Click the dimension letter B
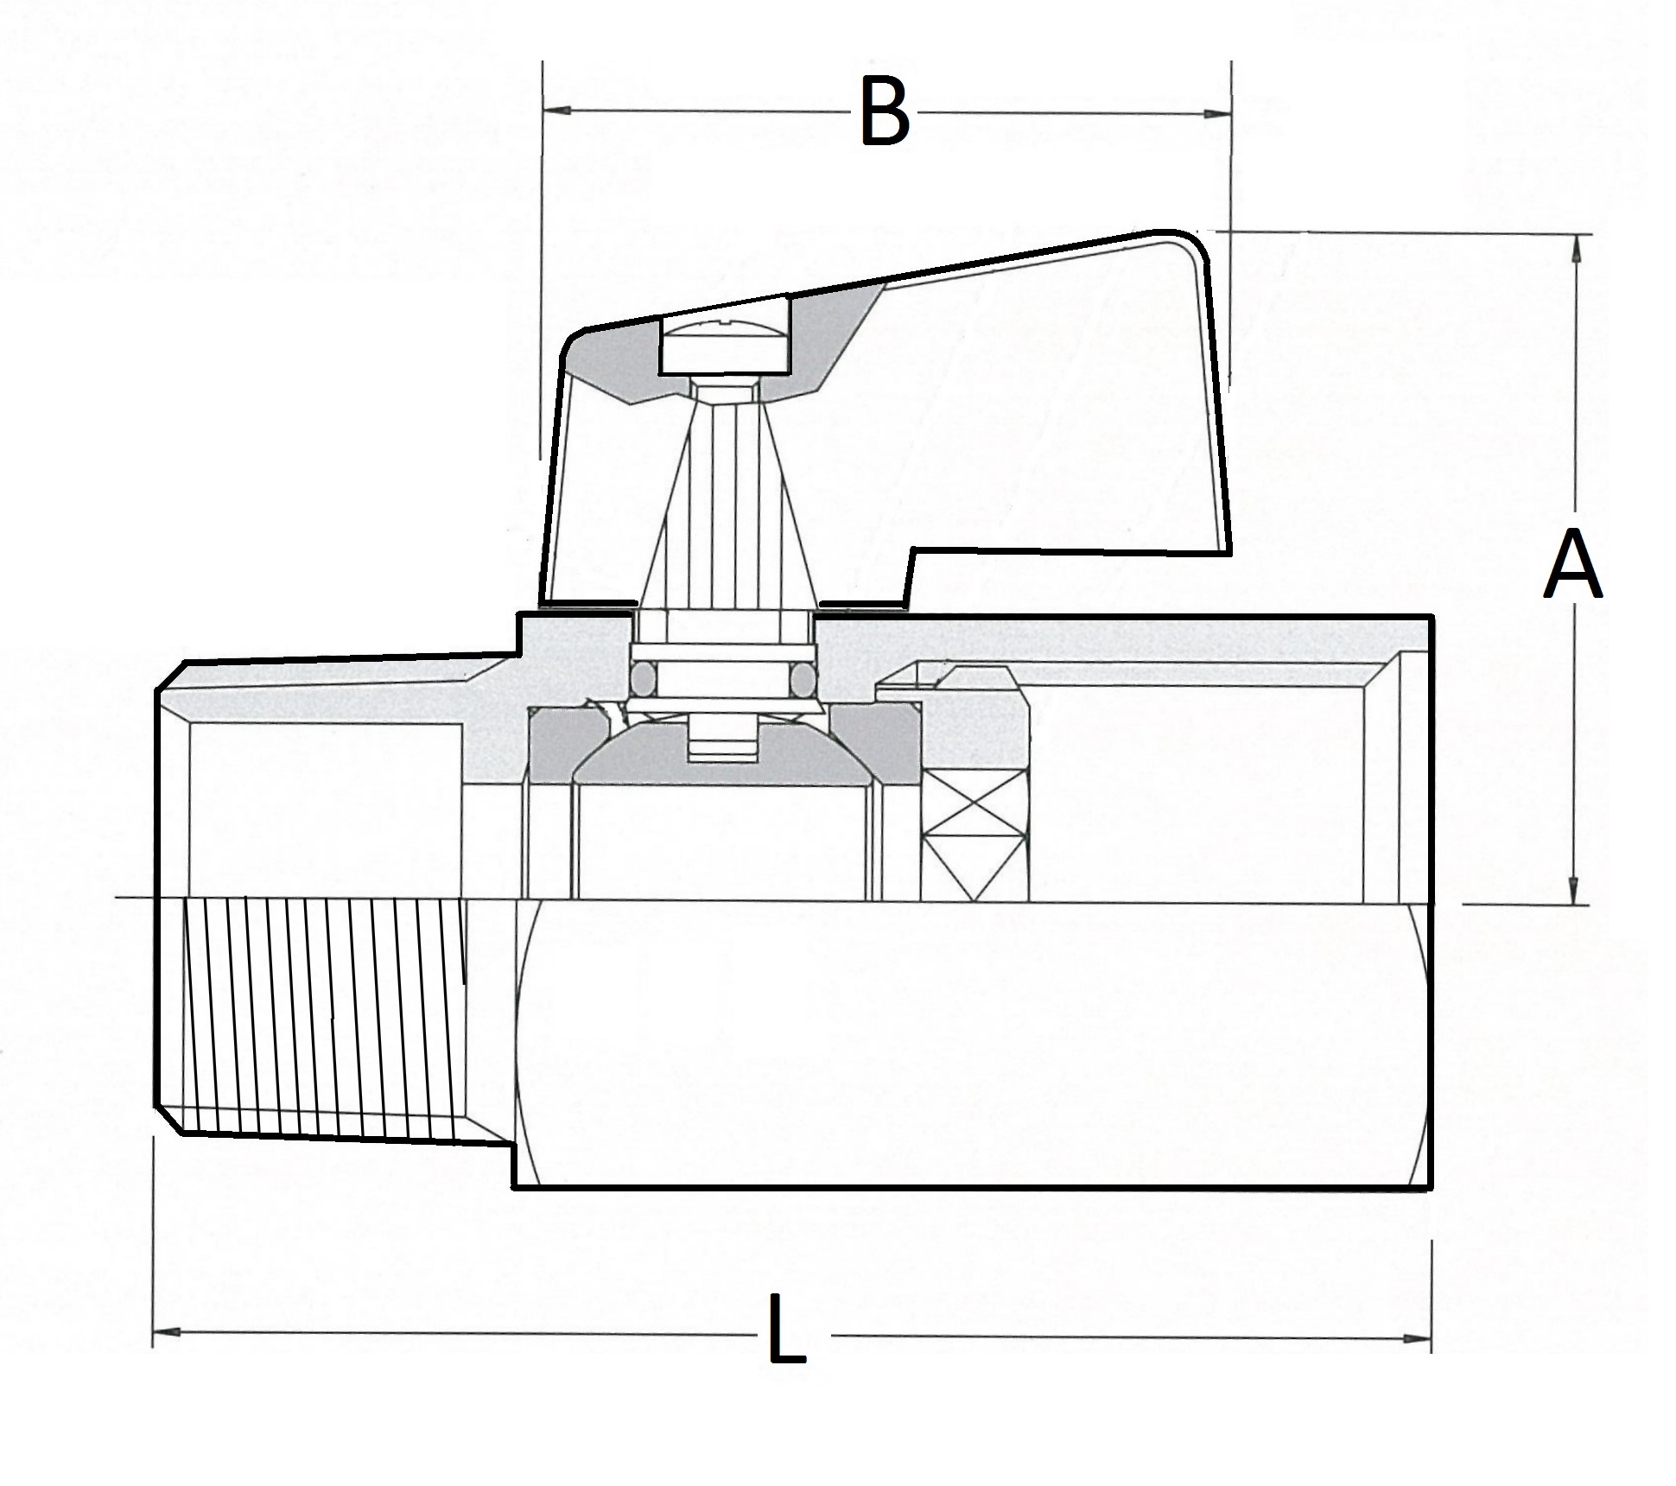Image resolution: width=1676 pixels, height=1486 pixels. pyautogui.click(x=886, y=113)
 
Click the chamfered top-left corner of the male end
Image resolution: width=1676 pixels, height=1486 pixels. pyautogui.click(x=173, y=676)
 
